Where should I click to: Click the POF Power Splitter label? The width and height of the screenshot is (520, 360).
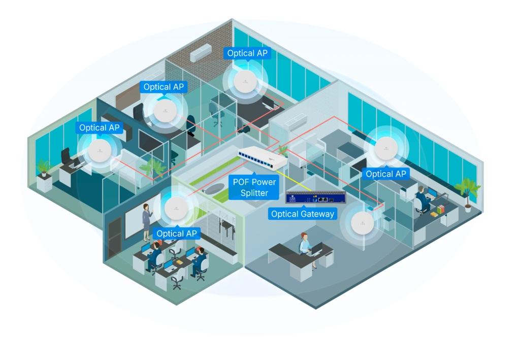(255, 187)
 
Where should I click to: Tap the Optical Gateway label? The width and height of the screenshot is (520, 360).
(303, 214)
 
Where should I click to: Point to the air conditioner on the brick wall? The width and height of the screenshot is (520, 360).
(201, 51)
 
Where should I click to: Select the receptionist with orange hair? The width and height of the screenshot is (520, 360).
(305, 243)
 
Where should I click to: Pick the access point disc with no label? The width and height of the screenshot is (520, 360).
(362, 221)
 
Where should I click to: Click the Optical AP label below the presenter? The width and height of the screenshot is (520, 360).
(177, 234)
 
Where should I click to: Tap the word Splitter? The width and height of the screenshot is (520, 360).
(255, 193)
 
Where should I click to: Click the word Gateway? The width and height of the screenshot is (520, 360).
(318, 214)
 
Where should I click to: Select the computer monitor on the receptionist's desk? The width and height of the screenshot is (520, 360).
(317, 249)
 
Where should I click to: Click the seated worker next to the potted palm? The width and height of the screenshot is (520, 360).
(422, 199)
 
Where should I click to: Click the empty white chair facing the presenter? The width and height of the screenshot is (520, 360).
(177, 280)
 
